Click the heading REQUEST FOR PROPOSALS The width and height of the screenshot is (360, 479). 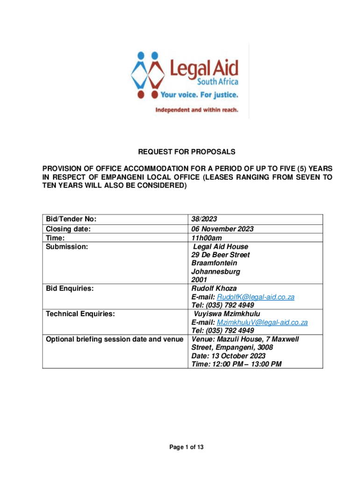(x=186, y=152)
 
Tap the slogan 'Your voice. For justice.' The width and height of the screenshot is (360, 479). (x=200, y=94)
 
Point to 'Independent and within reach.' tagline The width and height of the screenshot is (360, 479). (x=197, y=110)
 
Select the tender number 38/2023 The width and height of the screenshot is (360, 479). (x=204, y=219)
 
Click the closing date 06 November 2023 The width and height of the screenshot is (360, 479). (x=222, y=229)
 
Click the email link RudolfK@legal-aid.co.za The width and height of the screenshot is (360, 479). (x=256, y=297)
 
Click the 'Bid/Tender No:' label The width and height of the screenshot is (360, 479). (x=71, y=219)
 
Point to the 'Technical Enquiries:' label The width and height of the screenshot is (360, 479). (x=80, y=314)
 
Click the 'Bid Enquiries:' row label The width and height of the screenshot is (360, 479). (x=68, y=289)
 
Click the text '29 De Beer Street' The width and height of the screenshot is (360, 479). (x=220, y=254)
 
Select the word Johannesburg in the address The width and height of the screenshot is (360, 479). (x=216, y=271)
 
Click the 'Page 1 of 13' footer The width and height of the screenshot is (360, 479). (x=186, y=448)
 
